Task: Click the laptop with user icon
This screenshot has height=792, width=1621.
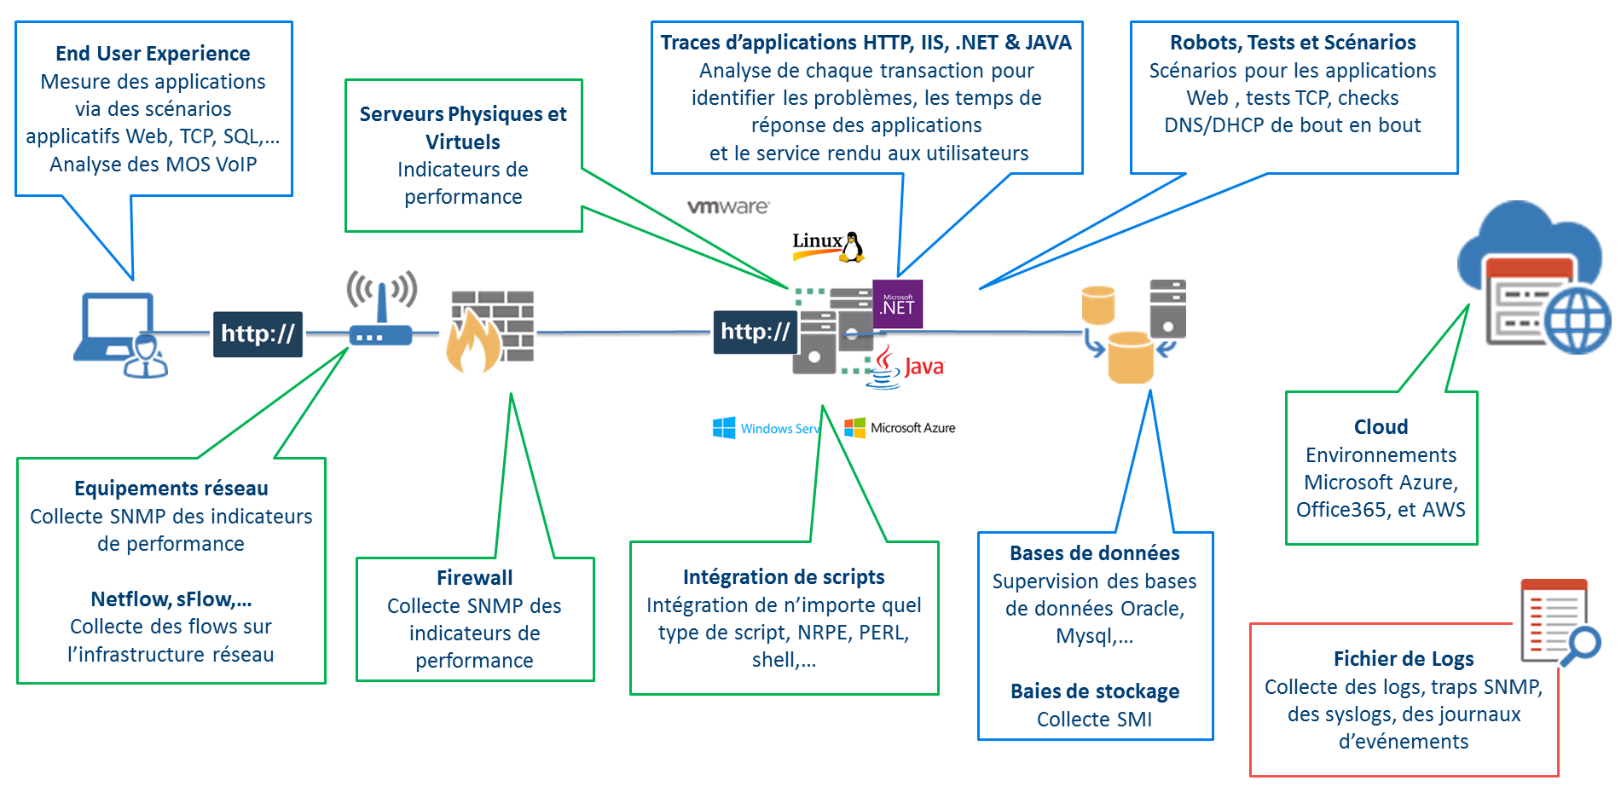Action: [x=119, y=334]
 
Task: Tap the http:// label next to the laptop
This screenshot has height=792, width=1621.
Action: [x=258, y=333]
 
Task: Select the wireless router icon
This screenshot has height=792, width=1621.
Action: [x=381, y=309]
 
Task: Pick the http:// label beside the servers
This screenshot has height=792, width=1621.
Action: [x=755, y=332]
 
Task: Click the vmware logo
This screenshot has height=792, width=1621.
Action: [x=728, y=207]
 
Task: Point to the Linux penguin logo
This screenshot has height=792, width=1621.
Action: [x=829, y=246]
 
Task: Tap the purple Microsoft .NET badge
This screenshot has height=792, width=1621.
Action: [x=897, y=304]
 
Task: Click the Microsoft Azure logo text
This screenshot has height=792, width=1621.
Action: [x=900, y=428]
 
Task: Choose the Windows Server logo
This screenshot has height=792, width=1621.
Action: [x=765, y=428]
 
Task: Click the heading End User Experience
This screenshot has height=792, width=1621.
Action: [x=153, y=54]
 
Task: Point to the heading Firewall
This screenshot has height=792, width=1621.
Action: [x=474, y=578]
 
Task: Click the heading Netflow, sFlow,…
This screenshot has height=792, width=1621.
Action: [x=171, y=599]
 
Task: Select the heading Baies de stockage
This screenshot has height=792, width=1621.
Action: [x=1095, y=691]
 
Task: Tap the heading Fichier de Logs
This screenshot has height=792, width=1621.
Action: [x=1404, y=659]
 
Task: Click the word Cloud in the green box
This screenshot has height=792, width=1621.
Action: [x=1381, y=427]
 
